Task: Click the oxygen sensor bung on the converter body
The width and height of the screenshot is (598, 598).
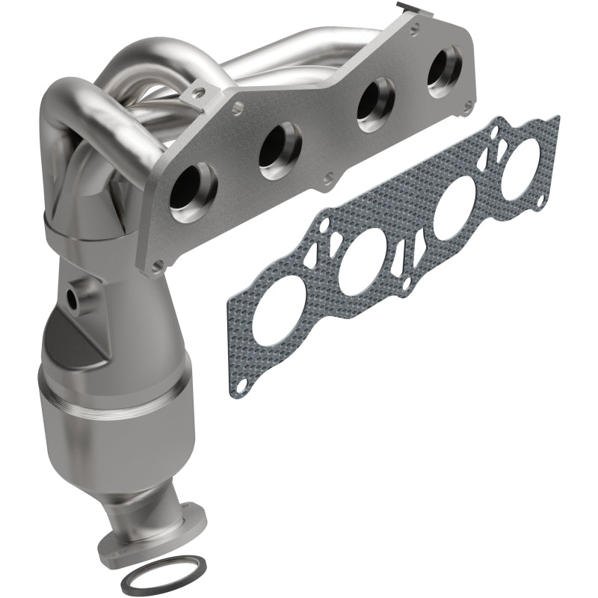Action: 75,297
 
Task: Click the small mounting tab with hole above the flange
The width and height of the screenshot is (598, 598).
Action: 197,93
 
